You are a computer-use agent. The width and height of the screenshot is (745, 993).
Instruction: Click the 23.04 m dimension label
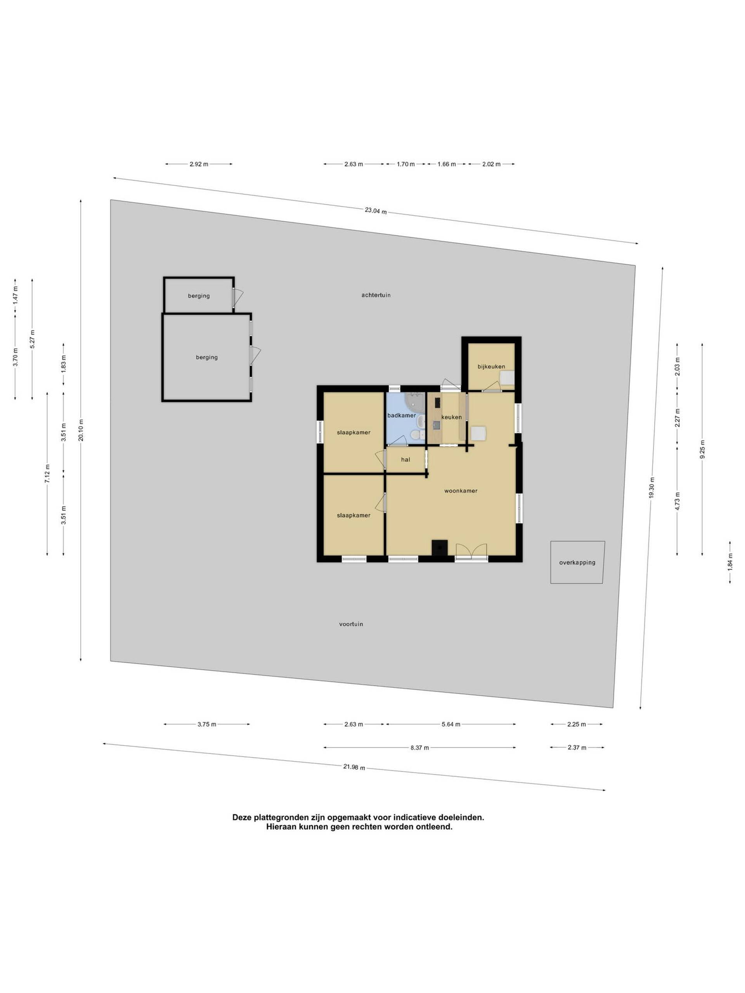pyautogui.click(x=376, y=211)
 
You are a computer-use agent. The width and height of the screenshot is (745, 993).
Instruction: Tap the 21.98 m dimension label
pyautogui.click(x=354, y=767)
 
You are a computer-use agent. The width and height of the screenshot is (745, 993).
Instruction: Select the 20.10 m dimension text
pyautogui.click(x=81, y=430)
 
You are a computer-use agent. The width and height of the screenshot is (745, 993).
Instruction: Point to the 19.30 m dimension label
pyautogui.click(x=651, y=487)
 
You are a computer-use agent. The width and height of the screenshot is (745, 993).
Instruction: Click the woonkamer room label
pyautogui.click(x=461, y=491)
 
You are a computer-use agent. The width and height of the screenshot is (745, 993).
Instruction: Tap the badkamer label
pyautogui.click(x=402, y=415)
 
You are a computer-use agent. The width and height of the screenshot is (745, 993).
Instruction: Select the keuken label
pyautogui.click(x=451, y=417)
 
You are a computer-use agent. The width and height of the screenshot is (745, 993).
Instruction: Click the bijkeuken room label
pyautogui.click(x=491, y=366)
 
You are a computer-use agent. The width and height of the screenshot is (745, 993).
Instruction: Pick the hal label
pyautogui.click(x=405, y=459)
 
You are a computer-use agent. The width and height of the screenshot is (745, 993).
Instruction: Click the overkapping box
pyautogui.click(x=577, y=562)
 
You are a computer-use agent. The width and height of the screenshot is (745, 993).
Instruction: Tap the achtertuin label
pyautogui.click(x=376, y=295)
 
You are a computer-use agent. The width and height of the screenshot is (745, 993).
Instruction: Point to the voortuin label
pyautogui.click(x=351, y=624)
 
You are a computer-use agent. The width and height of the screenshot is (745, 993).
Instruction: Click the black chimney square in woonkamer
pyautogui.click(x=440, y=548)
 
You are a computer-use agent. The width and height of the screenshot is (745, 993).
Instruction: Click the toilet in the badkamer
pyautogui.click(x=416, y=435)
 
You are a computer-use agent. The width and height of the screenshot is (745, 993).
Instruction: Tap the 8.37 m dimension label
pyautogui.click(x=419, y=747)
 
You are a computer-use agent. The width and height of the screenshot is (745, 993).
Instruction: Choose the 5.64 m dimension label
pyautogui.click(x=451, y=724)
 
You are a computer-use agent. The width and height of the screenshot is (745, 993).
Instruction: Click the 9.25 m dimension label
pyautogui.click(x=702, y=449)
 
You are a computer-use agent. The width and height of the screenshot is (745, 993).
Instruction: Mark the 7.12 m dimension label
pyautogui.click(x=47, y=474)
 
